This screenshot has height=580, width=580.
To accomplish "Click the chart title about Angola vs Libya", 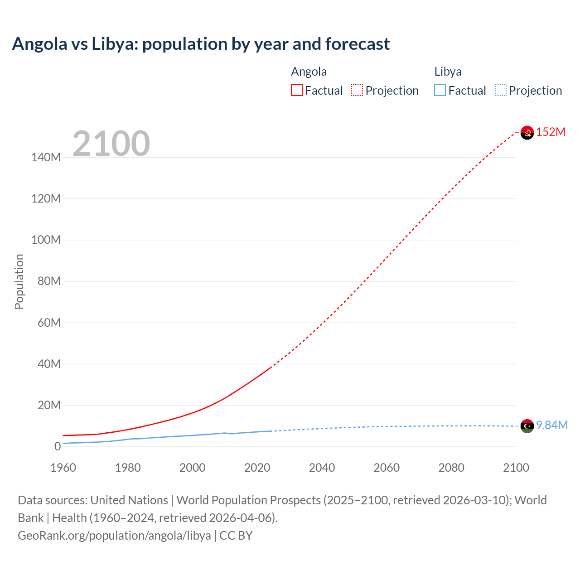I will click(201, 44).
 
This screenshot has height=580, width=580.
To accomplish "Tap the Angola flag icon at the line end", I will click(527, 132).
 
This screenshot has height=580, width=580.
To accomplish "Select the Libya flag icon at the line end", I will click(527, 426).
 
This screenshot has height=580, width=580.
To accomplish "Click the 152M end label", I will click(551, 132).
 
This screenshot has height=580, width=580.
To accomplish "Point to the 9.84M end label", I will click(551, 425).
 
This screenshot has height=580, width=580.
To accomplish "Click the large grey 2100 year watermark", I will click(111, 144).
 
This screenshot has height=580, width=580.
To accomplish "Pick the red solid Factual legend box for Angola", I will click(297, 90).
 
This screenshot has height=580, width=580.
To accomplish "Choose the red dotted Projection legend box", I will click(357, 90).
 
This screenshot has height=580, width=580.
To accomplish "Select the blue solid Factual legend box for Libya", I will click(440, 90).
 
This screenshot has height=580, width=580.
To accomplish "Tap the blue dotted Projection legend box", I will click(500, 90).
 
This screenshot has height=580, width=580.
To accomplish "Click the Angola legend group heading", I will click(309, 72).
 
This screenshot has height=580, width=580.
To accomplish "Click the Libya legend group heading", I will click(448, 72).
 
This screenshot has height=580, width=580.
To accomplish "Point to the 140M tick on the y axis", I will click(46, 157).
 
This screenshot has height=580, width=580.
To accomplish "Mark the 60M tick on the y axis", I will click(48, 323).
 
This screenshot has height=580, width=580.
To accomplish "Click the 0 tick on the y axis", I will click(58, 446).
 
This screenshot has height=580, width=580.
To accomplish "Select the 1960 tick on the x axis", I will click(63, 468).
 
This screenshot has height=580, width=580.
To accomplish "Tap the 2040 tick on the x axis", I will click(322, 468).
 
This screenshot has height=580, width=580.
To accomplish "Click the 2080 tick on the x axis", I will click(451, 468).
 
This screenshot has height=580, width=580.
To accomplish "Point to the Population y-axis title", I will click(19, 281).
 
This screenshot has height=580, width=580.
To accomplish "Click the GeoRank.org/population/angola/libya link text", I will click(114, 536).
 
